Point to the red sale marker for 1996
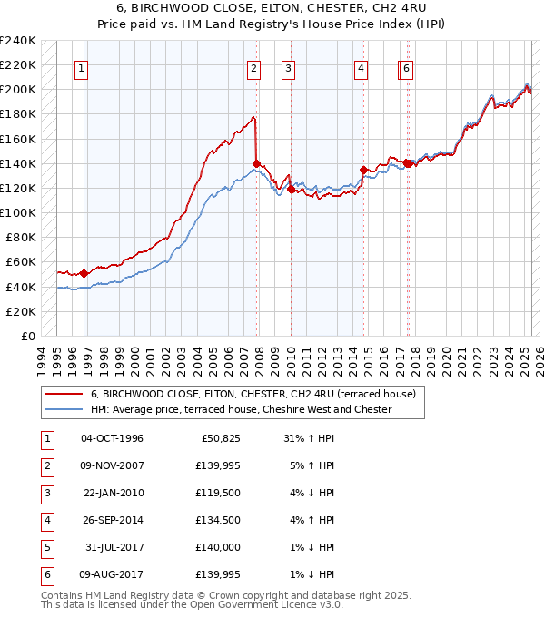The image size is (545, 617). coord(84,273)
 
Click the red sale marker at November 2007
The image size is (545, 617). coord(256,163)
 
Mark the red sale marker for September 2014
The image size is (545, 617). coord(363,170)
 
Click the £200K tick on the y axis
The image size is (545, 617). coord(19,90)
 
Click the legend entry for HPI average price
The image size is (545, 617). coord(241,409)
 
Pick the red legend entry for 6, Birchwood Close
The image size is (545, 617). coord(253,394)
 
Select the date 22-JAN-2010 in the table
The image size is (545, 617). coord(112,493)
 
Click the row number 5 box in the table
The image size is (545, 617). coord(45,547)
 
